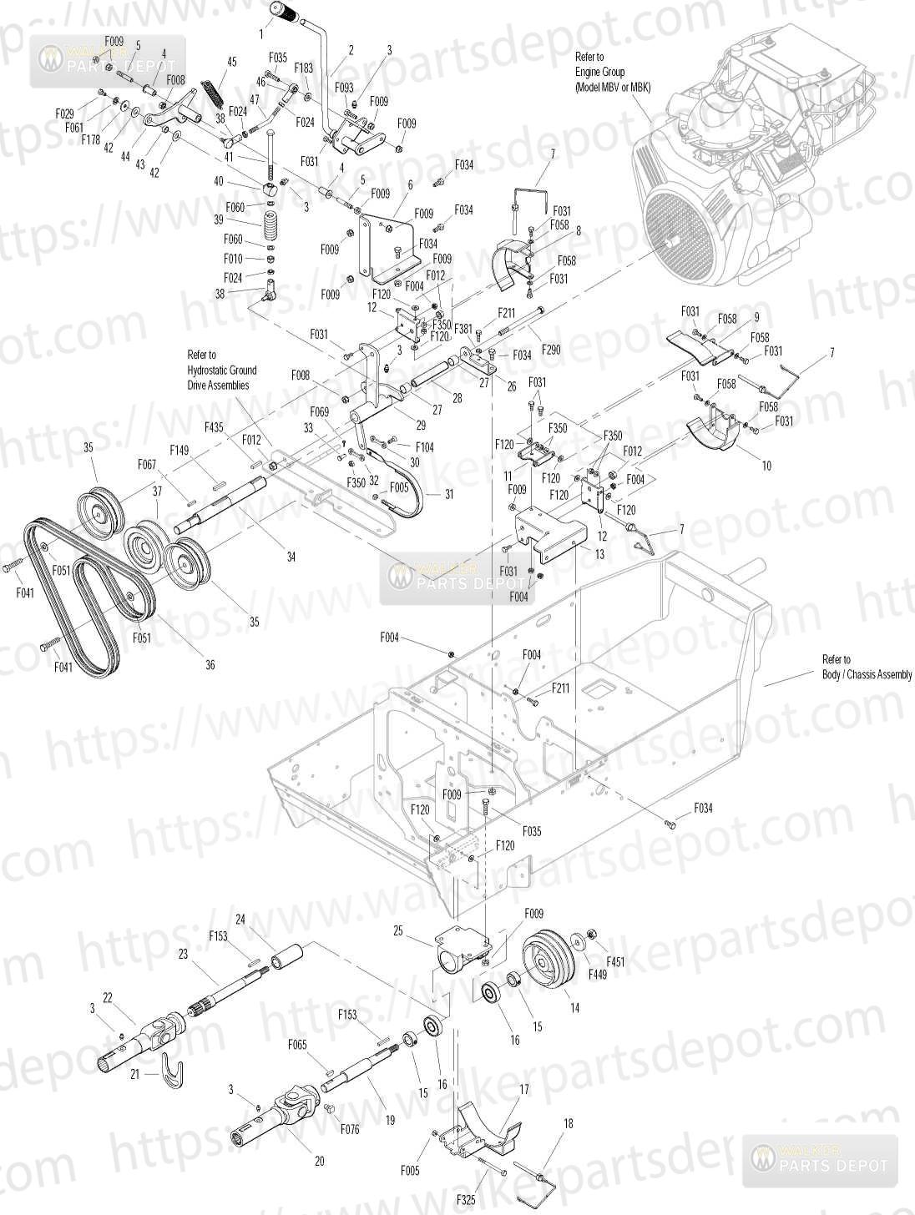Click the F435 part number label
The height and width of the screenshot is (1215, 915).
pyautogui.click(x=214, y=427)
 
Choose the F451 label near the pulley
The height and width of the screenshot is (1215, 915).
pyautogui.click(x=614, y=961)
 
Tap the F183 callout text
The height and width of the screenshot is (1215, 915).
pyautogui.click(x=304, y=68)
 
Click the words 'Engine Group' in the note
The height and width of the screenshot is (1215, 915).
pyautogui.click(x=599, y=72)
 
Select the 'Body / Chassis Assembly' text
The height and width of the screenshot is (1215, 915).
pyautogui.click(x=867, y=674)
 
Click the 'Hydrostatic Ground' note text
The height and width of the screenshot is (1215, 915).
pyautogui.click(x=221, y=370)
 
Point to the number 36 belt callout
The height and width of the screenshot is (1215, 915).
pyautogui.click(x=210, y=665)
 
